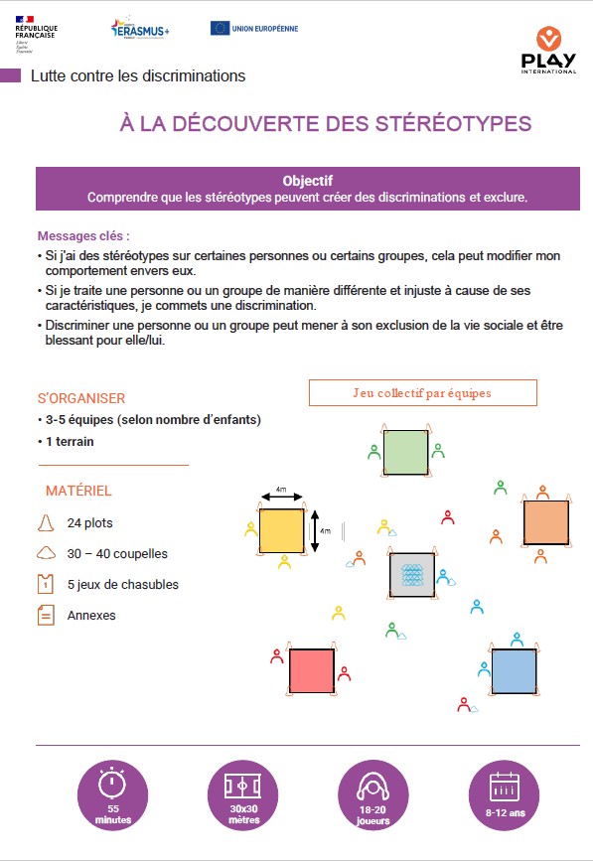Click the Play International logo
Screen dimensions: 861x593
coord(548,50)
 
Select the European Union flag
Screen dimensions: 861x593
coord(221,28)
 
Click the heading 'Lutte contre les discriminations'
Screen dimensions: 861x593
coord(138,75)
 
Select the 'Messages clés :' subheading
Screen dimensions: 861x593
coord(83,236)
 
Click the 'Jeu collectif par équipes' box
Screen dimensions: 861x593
coord(422,392)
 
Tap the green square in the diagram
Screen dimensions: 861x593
coord(404,452)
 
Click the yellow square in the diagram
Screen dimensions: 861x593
coord(281,530)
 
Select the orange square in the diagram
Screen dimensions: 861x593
coord(545,522)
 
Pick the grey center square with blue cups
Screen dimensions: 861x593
coord(412,576)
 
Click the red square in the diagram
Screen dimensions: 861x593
coord(311,671)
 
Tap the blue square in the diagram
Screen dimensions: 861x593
coord(514,670)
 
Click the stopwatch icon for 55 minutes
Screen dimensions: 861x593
coord(112,785)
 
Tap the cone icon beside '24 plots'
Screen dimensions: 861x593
coord(45,522)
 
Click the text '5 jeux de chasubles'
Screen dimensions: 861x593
coord(123,585)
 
